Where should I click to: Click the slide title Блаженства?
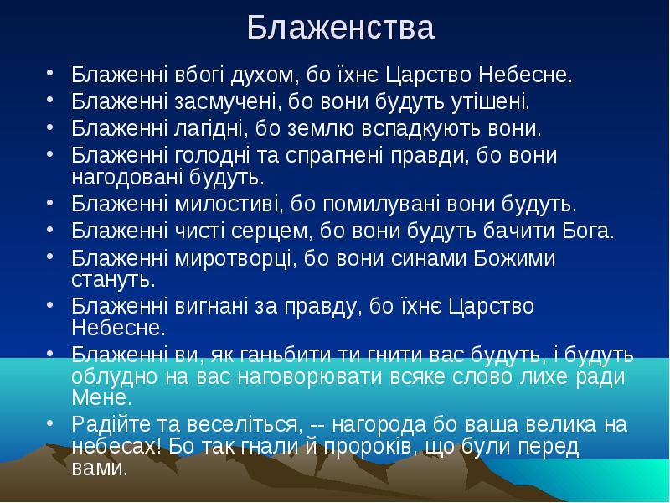coord(341,28)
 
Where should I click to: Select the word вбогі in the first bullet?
coord(198,75)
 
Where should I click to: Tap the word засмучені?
coord(227,101)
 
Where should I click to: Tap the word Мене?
coord(101,397)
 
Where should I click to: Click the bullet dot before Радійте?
coord(50,423)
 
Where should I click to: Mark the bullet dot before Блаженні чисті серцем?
coord(50,229)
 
